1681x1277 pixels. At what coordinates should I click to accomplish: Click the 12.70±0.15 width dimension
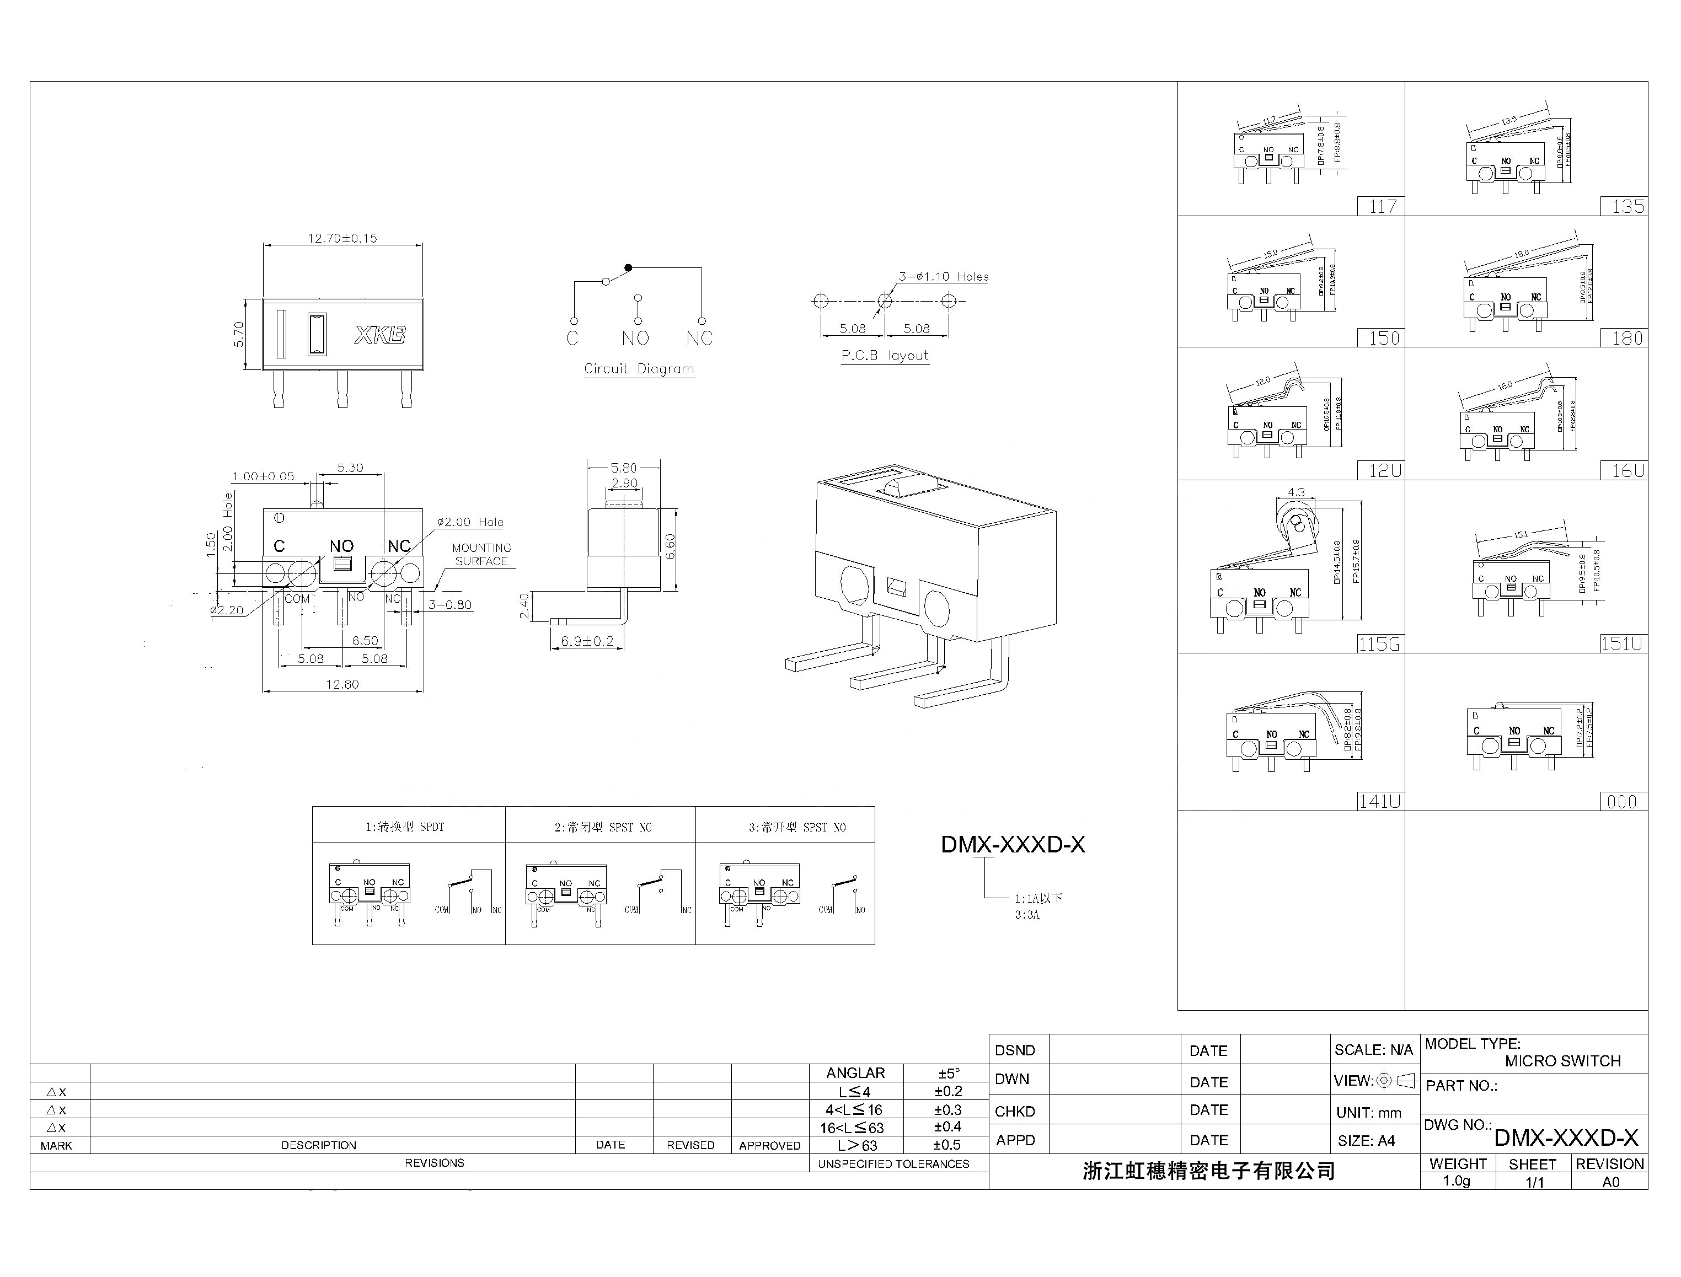pyautogui.click(x=342, y=238)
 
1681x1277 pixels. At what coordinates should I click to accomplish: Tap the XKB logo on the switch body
pyautogui.click(x=380, y=335)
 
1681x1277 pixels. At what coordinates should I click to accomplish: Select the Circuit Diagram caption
pyautogui.click(x=639, y=369)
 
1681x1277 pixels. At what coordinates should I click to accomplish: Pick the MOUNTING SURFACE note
pyautogui.click(x=481, y=554)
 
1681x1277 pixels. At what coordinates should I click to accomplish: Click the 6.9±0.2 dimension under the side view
pyautogui.click(x=587, y=641)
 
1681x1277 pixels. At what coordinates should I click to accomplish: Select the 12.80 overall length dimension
pyautogui.click(x=342, y=684)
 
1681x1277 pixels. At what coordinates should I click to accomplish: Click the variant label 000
pyautogui.click(x=1621, y=801)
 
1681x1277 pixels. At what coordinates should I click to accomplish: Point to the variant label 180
pyautogui.click(x=1627, y=337)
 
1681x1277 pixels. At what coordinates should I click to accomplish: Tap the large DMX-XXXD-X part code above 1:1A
pyautogui.click(x=1013, y=845)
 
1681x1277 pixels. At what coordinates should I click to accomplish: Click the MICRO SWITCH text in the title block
pyautogui.click(x=1562, y=1060)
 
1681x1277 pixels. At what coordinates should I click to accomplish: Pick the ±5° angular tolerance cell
pyautogui.click(x=948, y=1074)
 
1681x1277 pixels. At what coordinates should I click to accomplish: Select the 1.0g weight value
pyautogui.click(x=1457, y=1181)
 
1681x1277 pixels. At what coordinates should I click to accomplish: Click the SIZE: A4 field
pyautogui.click(x=1366, y=1140)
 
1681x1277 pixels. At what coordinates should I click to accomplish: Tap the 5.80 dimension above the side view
pyautogui.click(x=623, y=468)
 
